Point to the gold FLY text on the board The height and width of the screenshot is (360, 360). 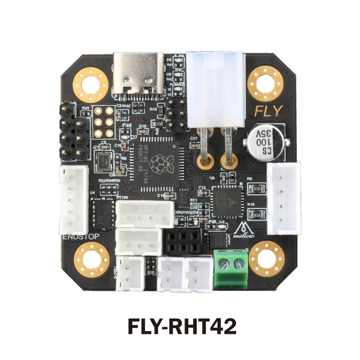[269, 110]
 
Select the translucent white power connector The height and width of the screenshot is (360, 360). [216, 90]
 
